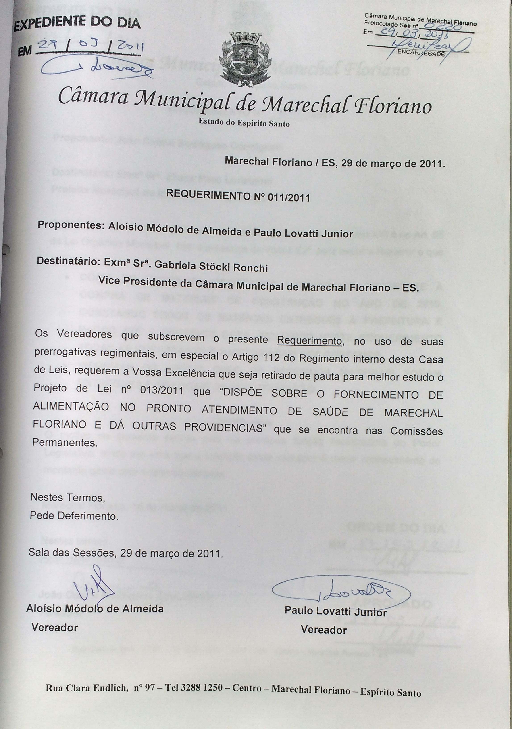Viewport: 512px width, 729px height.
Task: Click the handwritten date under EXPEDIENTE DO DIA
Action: [90, 48]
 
